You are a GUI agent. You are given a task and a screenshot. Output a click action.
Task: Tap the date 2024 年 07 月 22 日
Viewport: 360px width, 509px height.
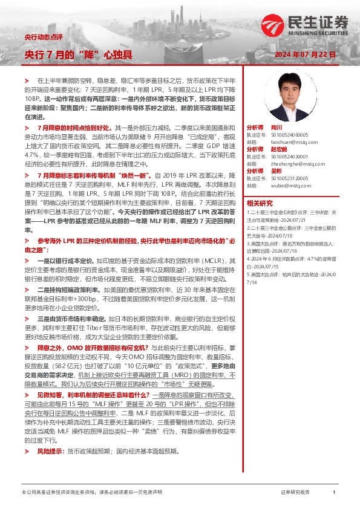[x=306, y=54]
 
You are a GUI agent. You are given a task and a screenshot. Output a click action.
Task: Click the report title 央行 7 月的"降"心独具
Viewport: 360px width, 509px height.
[x=77, y=54]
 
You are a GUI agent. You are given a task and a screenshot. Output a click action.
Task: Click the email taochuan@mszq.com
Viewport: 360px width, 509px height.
[x=290, y=141]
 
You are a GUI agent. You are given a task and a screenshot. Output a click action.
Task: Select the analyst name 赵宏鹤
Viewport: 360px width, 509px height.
[x=279, y=149]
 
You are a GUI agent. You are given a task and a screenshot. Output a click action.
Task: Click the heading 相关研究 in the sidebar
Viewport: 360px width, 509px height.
[x=261, y=203]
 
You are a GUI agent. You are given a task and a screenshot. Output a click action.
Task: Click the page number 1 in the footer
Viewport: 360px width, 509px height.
[x=334, y=493]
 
